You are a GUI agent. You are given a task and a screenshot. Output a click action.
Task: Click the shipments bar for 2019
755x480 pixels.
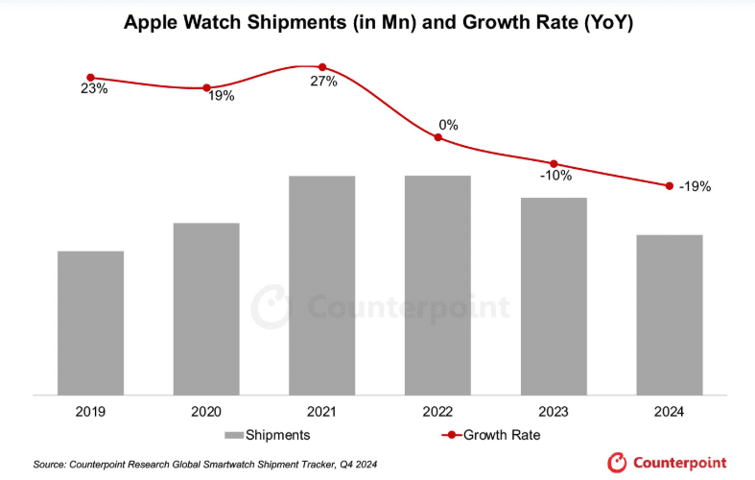pyautogui.click(x=90, y=323)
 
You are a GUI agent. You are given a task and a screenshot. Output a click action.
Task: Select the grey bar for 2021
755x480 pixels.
pyautogui.click(x=321, y=285)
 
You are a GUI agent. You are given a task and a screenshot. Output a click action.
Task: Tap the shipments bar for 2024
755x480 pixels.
pyautogui.click(x=670, y=314)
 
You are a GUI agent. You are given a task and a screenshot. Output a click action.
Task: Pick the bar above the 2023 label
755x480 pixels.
pyautogui.click(x=554, y=296)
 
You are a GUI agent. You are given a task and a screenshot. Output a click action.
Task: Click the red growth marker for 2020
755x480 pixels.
pyautogui.click(x=206, y=88)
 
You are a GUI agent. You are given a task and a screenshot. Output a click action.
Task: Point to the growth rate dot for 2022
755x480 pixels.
pyautogui.click(x=438, y=138)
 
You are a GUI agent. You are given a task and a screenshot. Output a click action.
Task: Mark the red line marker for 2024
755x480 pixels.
pyautogui.click(x=669, y=185)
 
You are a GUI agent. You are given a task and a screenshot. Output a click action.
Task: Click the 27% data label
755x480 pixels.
pyautogui.click(x=323, y=82)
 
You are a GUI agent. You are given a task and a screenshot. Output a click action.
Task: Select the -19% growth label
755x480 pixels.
pyautogui.click(x=694, y=187)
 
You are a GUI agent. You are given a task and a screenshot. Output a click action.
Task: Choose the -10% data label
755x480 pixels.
pyautogui.click(x=554, y=176)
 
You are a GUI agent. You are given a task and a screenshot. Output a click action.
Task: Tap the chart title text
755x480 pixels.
pyautogui.click(x=378, y=21)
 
